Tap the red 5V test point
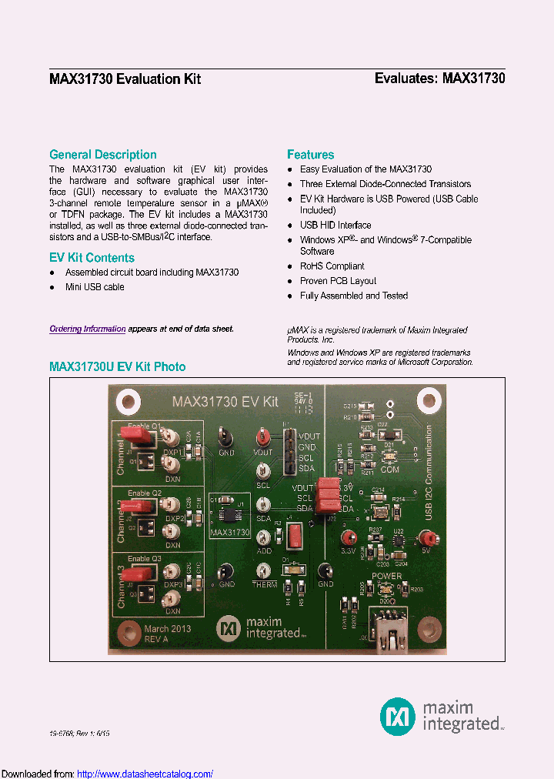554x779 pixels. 424,538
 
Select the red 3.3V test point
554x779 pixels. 349,537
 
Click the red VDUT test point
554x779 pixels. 263,437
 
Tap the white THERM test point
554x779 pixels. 263,570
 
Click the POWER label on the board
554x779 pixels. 387,576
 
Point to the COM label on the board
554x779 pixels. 390,470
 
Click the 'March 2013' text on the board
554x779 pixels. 167,628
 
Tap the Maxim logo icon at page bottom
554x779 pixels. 397,716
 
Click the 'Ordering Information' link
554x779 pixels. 87,329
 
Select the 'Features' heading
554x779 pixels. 310,154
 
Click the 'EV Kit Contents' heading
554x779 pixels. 92,258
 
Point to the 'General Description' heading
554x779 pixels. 102,154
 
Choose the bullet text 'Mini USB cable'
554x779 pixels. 95,287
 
